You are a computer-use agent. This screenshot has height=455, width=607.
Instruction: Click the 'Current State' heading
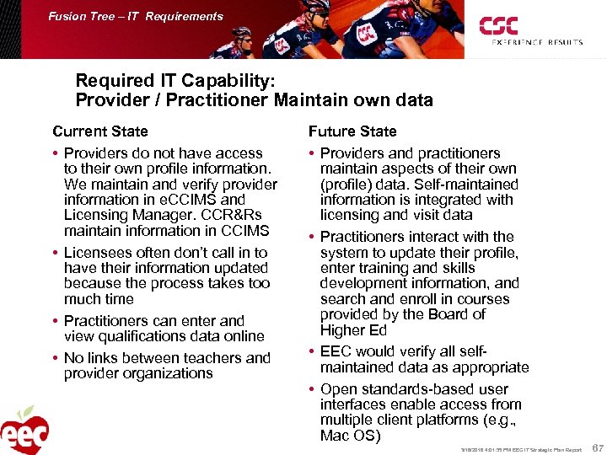click(x=99, y=131)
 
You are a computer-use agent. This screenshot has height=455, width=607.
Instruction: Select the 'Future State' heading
click(x=352, y=131)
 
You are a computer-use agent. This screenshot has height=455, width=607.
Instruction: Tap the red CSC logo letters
click(x=499, y=26)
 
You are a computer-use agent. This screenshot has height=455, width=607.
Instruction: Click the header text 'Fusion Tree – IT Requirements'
click(x=136, y=16)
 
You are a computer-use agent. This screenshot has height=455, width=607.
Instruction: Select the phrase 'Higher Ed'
click(x=353, y=329)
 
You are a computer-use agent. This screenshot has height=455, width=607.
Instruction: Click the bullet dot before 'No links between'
click(x=56, y=359)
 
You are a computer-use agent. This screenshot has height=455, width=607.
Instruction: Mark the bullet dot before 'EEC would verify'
click(x=312, y=352)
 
